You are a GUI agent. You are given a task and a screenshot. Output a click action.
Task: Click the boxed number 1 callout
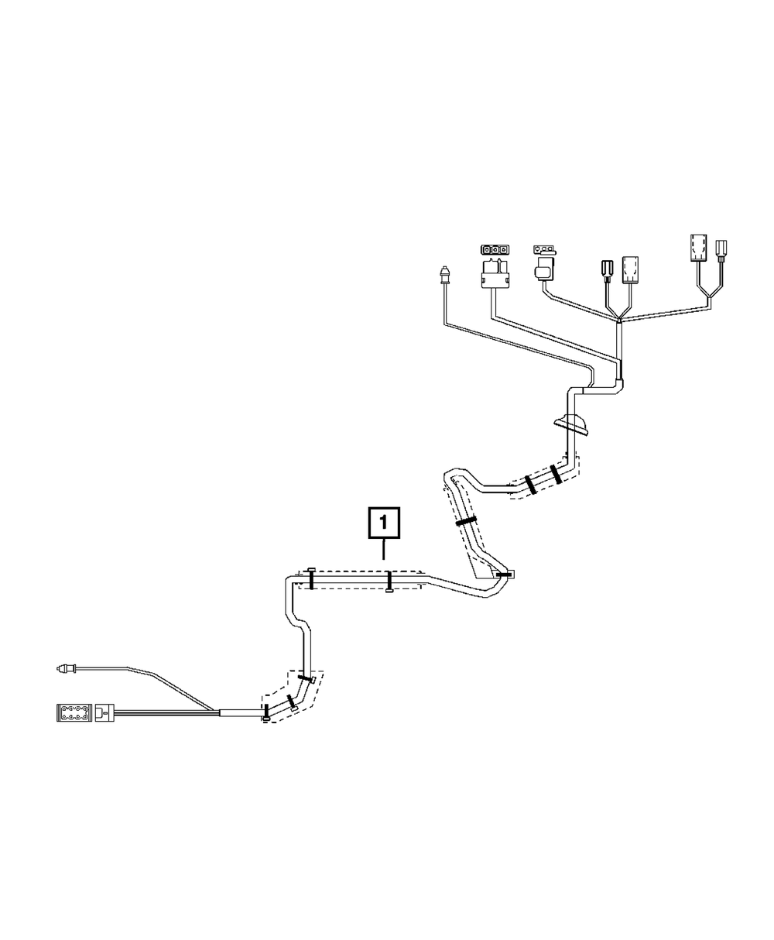point(385,523)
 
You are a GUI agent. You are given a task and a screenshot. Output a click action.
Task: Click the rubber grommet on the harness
point(570,424)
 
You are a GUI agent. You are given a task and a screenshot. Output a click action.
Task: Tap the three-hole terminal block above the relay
point(495,250)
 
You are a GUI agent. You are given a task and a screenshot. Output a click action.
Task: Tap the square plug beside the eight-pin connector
point(104,712)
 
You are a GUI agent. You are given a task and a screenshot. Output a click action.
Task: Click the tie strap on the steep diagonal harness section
point(466,521)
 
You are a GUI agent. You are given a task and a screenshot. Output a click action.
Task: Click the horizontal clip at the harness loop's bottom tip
point(505,575)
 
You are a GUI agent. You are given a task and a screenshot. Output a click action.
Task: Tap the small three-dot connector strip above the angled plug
point(544,250)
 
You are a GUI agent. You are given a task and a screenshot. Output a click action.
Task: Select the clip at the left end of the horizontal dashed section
point(310,578)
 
